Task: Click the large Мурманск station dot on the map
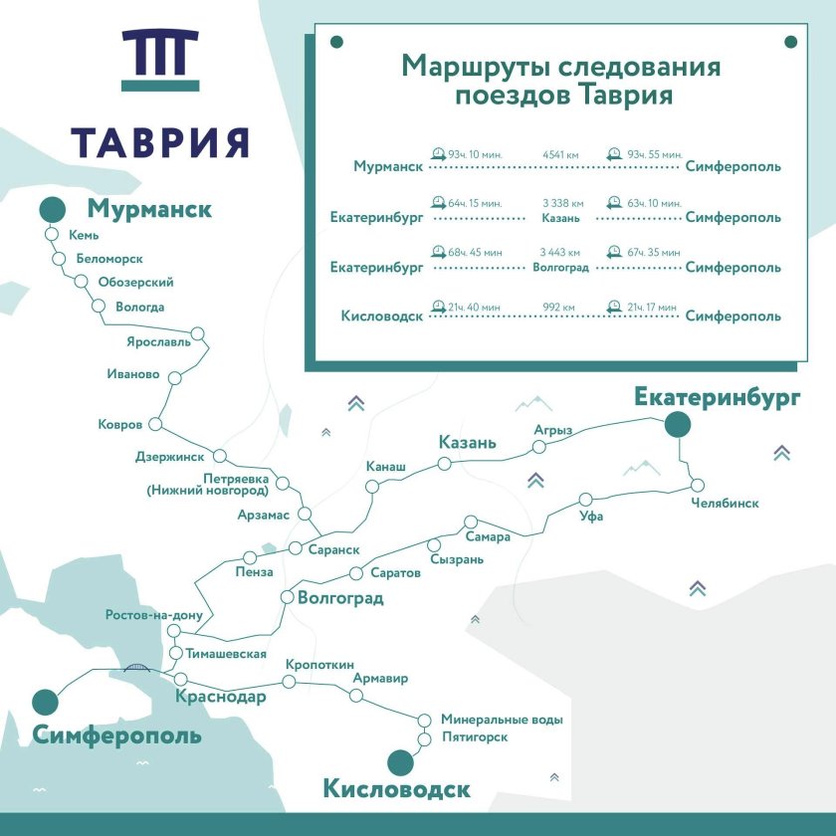click(53, 211)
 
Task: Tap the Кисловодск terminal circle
click(400, 762)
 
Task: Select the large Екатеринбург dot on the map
click(678, 426)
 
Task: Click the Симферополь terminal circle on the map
click(45, 702)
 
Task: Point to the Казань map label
click(467, 443)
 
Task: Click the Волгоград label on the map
click(340, 599)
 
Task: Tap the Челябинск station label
click(725, 504)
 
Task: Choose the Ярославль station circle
click(197, 334)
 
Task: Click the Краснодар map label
click(220, 697)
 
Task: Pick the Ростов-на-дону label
click(154, 615)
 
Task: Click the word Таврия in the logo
click(159, 141)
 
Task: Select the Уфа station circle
click(587, 499)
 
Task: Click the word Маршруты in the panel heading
click(474, 67)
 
